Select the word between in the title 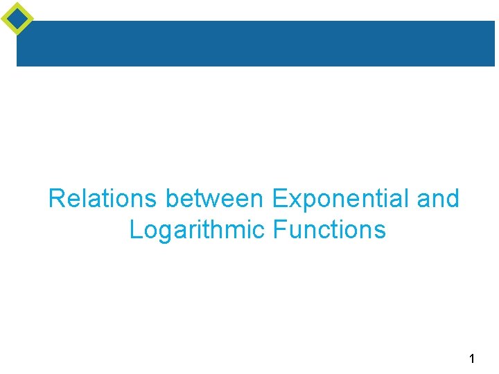[215, 199]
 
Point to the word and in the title [438, 199]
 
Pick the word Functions [330, 230]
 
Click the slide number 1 [472, 359]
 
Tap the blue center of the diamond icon [17, 18]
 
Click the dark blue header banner [256, 43]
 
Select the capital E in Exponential [279, 199]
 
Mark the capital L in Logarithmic [135, 230]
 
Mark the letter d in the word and [452, 199]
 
